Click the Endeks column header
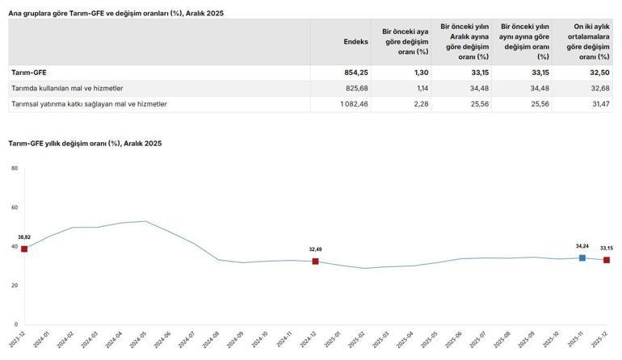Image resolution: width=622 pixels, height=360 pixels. point(355,41)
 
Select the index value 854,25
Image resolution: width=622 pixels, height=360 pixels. point(356,72)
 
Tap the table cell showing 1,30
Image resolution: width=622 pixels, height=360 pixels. point(417,72)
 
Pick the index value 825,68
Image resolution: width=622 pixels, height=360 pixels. point(357,88)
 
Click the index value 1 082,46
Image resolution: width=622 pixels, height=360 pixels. point(354,104)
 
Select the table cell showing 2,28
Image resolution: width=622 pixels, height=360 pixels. point(417,104)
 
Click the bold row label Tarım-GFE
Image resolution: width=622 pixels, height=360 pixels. point(28,72)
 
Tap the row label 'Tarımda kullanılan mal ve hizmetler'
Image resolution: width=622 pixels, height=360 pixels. point(67,88)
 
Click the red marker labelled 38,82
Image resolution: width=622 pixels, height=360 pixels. point(24,249)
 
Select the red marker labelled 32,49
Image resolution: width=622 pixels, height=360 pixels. point(315,261)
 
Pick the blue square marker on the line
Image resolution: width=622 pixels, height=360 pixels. point(582,257)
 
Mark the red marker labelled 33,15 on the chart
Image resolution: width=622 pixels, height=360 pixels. point(606,260)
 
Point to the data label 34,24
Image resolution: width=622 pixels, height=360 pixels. point(582,245)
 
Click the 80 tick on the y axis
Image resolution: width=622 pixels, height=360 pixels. point(15,168)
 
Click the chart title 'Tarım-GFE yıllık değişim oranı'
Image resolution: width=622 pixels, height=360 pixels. point(85,143)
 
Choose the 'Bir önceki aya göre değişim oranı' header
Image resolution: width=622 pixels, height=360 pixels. point(404,41)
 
